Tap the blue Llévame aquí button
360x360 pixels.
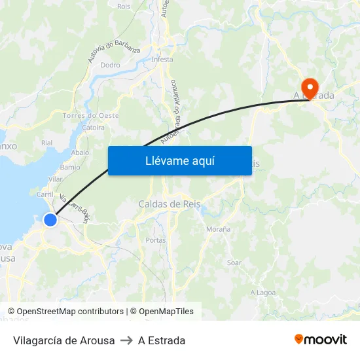(180, 160)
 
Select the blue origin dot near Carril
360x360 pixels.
(50, 220)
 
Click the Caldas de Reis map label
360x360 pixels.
(170, 204)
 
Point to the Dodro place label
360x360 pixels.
(110, 65)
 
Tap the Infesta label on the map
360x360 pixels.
(162, 60)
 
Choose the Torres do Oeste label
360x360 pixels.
(90, 116)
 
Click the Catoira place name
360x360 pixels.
(94, 128)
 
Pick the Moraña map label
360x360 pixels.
(218, 229)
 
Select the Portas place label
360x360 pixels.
(156, 240)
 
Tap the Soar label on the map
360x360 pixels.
(234, 263)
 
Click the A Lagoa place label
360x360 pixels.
(262, 293)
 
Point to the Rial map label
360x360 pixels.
(46, 143)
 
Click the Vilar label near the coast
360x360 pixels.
(56, 179)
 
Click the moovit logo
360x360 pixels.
(320, 340)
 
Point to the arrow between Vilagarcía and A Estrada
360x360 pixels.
(126, 340)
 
